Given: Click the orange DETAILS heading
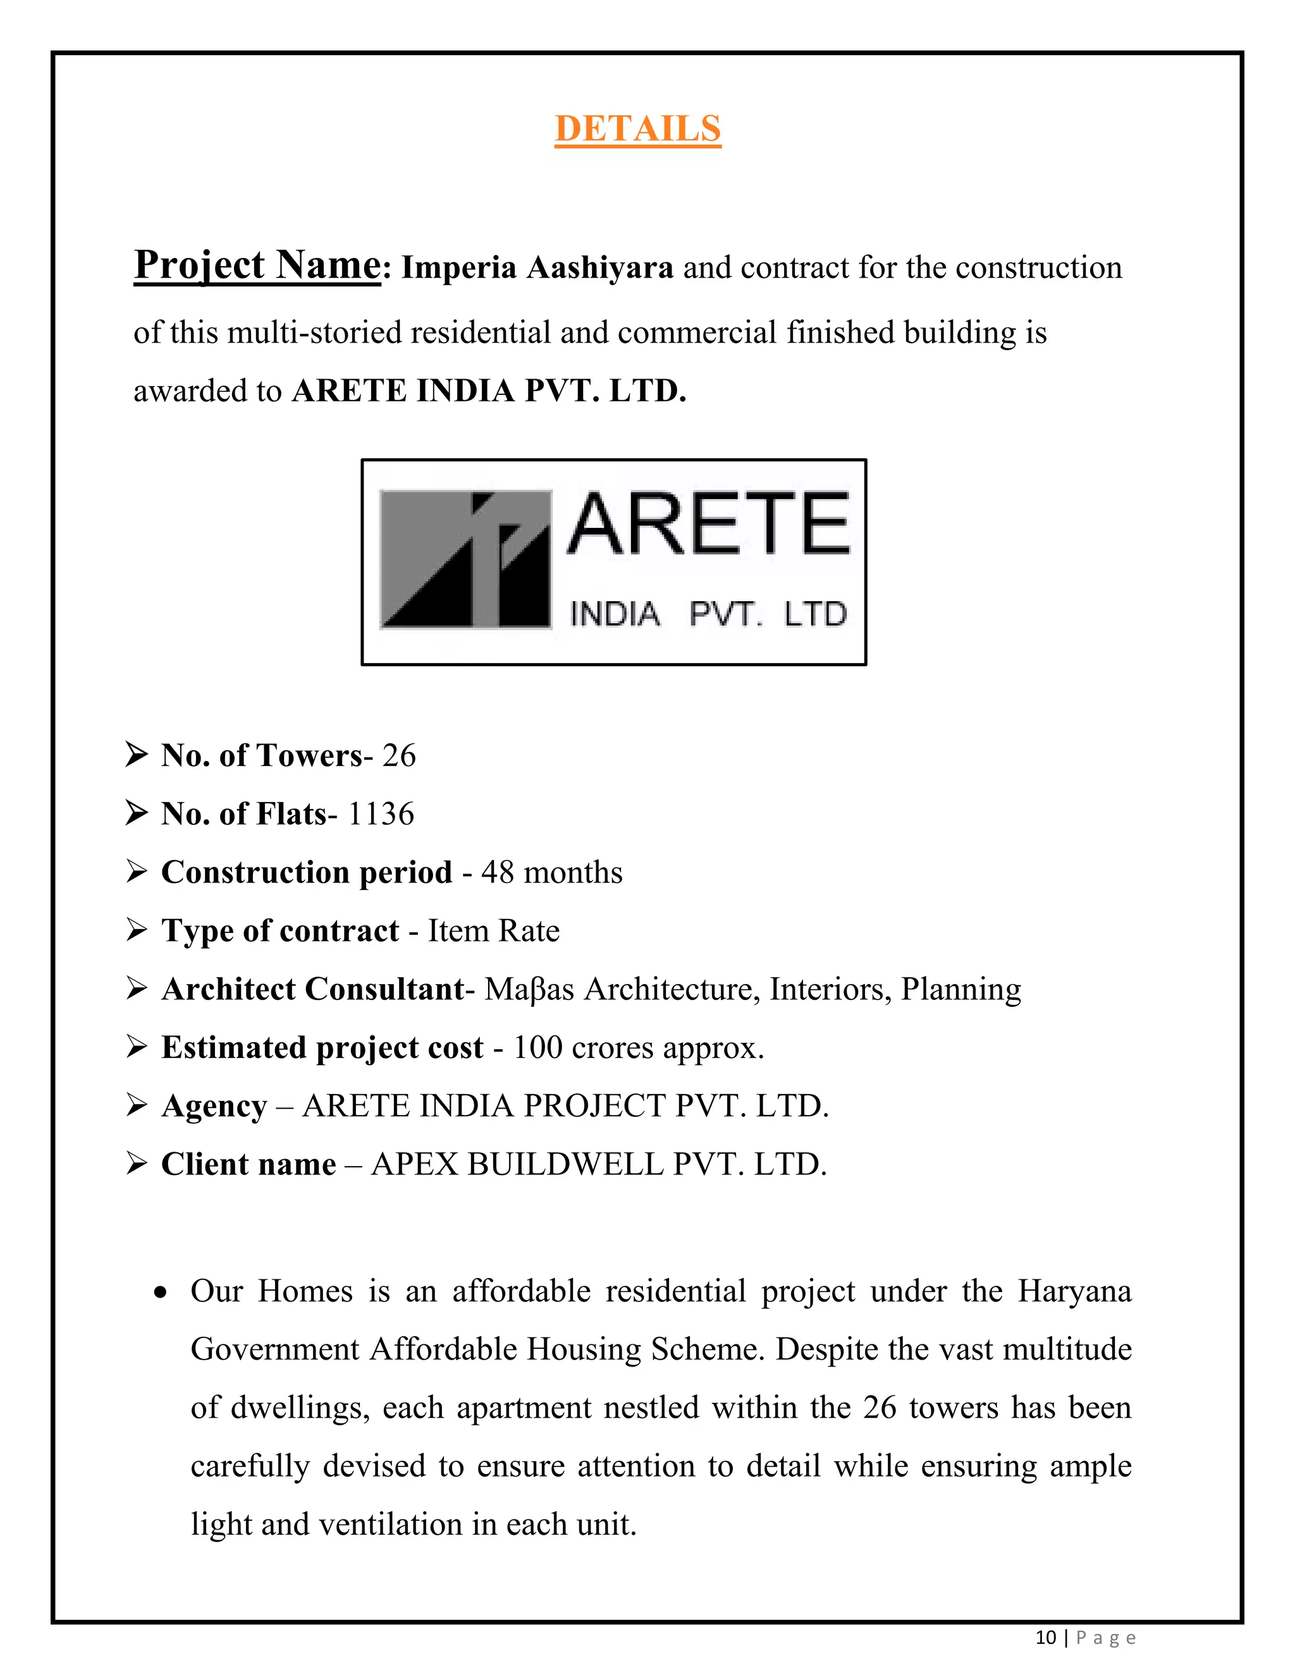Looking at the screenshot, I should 637,128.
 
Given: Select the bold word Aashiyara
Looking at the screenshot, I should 599,267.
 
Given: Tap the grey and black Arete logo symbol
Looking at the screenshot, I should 465,560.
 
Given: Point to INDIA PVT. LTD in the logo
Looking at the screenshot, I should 708,614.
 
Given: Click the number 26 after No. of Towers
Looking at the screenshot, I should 399,755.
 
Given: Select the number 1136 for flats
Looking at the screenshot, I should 381,813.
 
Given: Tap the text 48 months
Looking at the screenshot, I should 551,873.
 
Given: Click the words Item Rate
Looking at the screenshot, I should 493,931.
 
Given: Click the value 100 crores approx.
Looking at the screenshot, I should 638,1047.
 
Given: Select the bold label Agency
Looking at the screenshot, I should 214,1106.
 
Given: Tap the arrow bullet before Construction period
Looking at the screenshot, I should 137,872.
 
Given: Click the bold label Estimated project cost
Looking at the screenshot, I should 322,1047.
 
